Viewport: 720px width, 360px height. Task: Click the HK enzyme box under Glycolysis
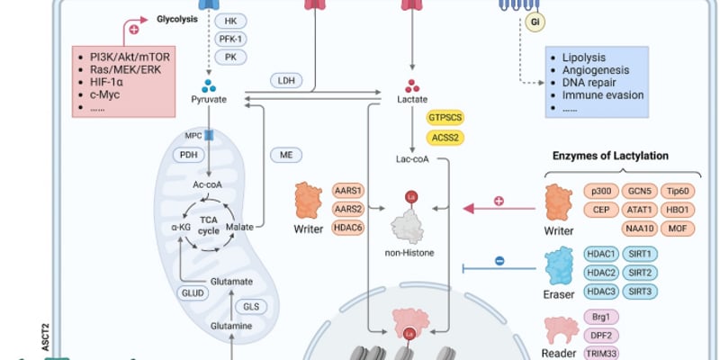tap(230, 21)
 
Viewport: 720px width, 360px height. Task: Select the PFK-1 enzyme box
tap(230, 39)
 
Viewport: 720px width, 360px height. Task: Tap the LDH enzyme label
tap(286, 81)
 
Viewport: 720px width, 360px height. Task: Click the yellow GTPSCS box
tap(445, 118)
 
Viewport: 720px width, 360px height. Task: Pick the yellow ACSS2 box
tap(445, 138)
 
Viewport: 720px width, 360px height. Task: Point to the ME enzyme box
tap(286, 155)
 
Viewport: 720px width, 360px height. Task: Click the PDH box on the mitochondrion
tap(188, 155)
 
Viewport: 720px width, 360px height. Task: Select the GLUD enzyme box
tap(193, 293)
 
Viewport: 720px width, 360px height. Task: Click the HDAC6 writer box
tap(348, 228)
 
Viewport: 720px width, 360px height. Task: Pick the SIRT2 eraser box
tap(640, 273)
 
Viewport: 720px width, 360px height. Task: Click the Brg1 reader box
tap(601, 317)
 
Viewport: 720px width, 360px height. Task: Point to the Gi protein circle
tap(535, 22)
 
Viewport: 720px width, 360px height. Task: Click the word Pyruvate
tap(209, 99)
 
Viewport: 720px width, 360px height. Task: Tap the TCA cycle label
tap(209, 226)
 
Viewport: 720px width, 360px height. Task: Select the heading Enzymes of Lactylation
tap(610, 156)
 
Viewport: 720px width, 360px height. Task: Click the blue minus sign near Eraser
tap(499, 261)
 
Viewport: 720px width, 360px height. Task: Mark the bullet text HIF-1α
tap(106, 83)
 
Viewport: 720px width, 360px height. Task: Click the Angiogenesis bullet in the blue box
tap(596, 70)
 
